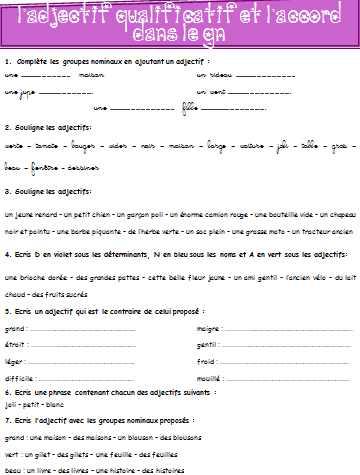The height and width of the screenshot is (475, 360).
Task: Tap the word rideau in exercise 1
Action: pyautogui.click(x=215, y=74)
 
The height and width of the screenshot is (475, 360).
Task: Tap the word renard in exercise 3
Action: pyautogui.click(x=41, y=214)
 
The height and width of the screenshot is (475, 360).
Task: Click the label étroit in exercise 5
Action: pyautogui.click(x=16, y=344)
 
